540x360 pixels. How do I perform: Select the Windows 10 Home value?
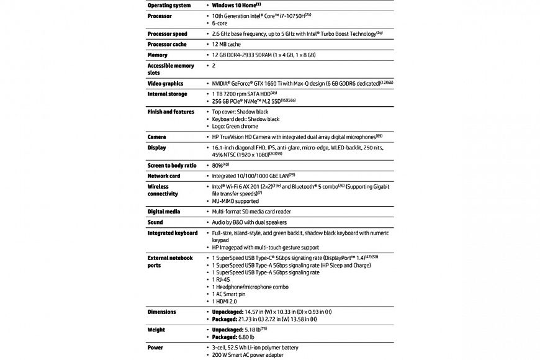click(x=236, y=4)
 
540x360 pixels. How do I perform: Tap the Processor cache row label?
click(x=168, y=45)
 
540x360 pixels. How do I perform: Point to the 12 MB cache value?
click(x=226, y=45)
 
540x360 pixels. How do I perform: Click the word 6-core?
click(x=221, y=23)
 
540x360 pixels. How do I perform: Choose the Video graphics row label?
click(x=165, y=83)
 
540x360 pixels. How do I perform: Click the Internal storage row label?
click(x=168, y=94)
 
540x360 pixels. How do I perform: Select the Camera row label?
click(x=156, y=137)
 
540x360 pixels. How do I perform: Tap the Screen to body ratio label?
click(x=173, y=166)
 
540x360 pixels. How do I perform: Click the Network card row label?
click(x=164, y=176)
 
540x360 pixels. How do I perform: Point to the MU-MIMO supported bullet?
click(x=235, y=201)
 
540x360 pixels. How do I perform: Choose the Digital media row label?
click(x=164, y=212)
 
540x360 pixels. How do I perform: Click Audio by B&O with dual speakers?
click(x=251, y=222)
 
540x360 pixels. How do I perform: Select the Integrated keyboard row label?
click(x=173, y=233)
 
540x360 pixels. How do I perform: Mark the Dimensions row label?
click(x=161, y=312)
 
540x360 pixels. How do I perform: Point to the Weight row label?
click(x=156, y=330)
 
